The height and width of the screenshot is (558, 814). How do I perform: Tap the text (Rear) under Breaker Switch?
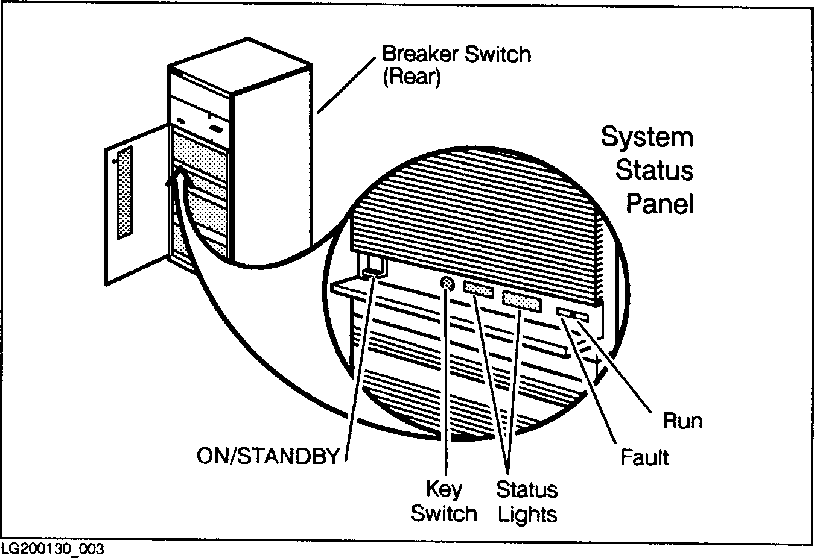tap(411, 78)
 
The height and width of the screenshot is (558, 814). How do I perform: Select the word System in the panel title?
tap(647, 139)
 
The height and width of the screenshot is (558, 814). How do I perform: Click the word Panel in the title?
tap(659, 204)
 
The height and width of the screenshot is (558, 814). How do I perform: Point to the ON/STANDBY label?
tap(268, 456)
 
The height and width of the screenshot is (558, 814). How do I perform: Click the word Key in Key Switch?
tap(444, 489)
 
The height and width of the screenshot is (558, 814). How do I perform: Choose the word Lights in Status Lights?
tap(527, 514)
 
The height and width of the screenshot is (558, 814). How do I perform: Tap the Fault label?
tap(644, 457)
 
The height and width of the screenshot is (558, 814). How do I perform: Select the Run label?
tap(682, 421)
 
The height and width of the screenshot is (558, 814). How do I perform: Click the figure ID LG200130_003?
tap(52, 550)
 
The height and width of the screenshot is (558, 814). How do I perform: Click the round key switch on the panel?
tap(447, 284)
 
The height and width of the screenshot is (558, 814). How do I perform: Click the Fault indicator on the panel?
tap(564, 312)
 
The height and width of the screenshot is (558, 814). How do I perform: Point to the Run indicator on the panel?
tap(582, 316)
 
